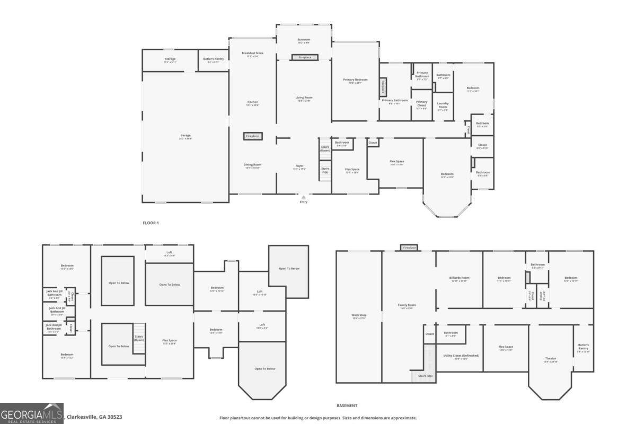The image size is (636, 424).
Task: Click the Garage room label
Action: pyautogui.click(x=185, y=136)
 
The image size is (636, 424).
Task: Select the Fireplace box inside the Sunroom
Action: pyautogui.click(x=305, y=57)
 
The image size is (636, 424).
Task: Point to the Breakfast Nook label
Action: pyautogui.click(x=252, y=54)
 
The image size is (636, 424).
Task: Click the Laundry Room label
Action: pyautogui.click(x=443, y=105)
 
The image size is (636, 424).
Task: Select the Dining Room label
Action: pyautogui.click(x=252, y=165)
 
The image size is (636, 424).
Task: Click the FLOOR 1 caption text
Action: pyautogui.click(x=151, y=223)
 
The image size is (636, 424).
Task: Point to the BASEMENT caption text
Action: pyautogui.click(x=347, y=405)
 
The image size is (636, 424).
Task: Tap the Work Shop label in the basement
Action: pyautogui.click(x=359, y=316)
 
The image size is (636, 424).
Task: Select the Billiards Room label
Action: pyautogui.click(x=459, y=279)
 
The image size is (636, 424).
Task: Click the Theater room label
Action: pyautogui.click(x=551, y=360)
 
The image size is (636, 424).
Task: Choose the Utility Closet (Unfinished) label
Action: pyautogui.click(x=460, y=356)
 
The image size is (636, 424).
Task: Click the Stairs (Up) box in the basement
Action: pyautogui.click(x=426, y=376)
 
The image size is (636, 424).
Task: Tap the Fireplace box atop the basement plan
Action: pyautogui.click(x=409, y=248)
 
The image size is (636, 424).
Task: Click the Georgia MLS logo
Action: pyautogui.click(x=32, y=413)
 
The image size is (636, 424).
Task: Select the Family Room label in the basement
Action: pyautogui.click(x=407, y=306)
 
